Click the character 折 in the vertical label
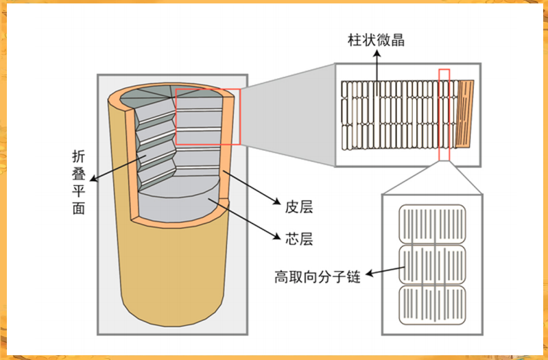pos(79,156)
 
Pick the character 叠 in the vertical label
pos(79,173)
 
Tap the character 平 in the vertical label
pos(79,191)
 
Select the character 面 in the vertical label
pos(79,209)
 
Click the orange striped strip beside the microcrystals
pos(466,114)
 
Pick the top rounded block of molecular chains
pos(432,224)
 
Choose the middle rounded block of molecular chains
pos(432,265)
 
